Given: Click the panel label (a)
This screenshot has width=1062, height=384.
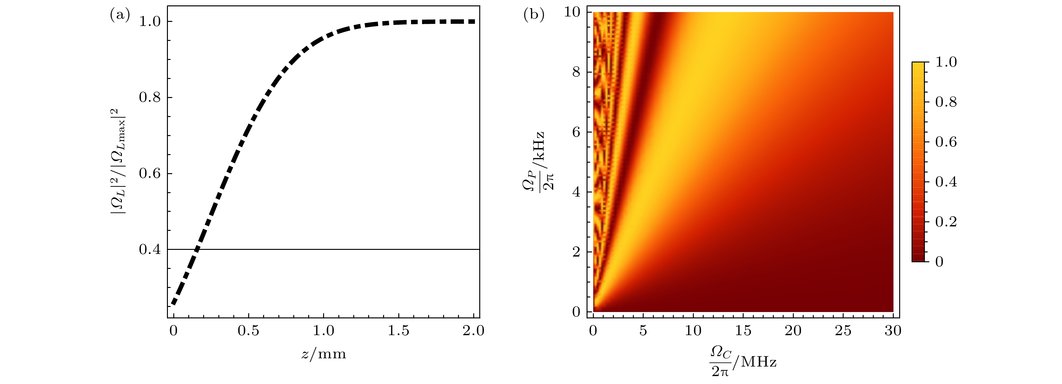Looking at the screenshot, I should [120, 16].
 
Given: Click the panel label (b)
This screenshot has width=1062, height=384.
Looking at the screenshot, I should [534, 16].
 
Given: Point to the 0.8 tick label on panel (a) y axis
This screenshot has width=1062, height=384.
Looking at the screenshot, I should [150, 98].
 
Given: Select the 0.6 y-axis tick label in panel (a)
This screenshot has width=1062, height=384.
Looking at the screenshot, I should [150, 173].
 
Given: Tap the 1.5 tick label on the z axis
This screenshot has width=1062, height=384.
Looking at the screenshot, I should [398, 331].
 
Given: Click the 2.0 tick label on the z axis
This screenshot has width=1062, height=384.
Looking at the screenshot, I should [473, 331].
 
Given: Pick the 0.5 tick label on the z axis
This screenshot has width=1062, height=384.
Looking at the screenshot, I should [248, 331].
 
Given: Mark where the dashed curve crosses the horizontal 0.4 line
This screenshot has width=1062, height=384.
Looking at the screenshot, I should [197, 249].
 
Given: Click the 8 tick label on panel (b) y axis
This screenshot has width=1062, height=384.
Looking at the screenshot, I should [576, 72].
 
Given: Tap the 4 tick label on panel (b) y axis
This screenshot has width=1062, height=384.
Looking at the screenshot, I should [576, 192].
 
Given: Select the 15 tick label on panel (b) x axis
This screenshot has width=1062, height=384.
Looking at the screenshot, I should [743, 331].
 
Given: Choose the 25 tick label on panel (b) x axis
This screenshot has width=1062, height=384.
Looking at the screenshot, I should [843, 331].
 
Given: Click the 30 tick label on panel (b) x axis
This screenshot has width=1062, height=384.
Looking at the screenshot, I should [893, 331].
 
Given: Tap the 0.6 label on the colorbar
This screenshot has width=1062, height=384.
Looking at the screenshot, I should [946, 142].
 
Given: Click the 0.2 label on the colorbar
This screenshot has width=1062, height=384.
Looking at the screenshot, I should [946, 222].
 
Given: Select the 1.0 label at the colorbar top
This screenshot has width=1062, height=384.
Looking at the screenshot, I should [946, 62].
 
